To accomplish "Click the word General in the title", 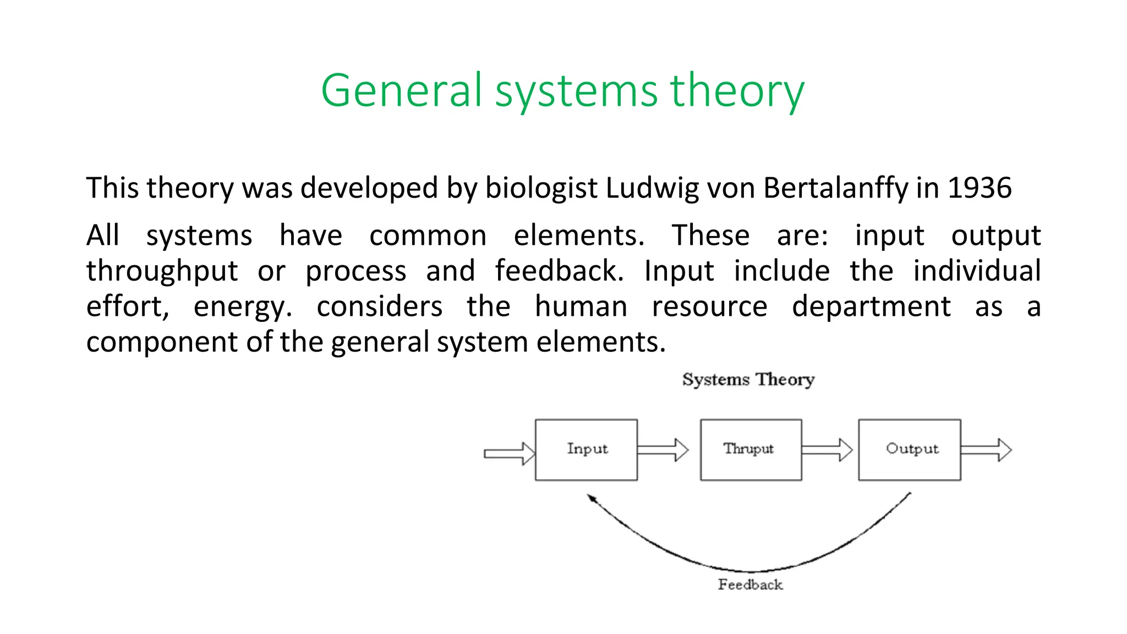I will tap(401, 91).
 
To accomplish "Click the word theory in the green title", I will tap(737, 91).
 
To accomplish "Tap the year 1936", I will tap(979, 188).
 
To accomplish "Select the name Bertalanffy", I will tap(836, 188).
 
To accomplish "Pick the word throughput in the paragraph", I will tap(162, 271).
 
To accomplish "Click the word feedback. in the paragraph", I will tap(559, 271).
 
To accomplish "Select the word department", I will tap(871, 307).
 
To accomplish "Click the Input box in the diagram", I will tap(586, 450).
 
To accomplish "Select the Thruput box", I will tap(751, 450).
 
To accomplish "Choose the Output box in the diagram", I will tap(910, 450).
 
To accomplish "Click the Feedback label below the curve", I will tap(750, 584).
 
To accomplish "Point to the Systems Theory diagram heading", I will tap(748, 380).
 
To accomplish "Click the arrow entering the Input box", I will tap(509, 453).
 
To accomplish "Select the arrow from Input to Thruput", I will tap(663, 450).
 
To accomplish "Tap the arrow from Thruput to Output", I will tap(827, 450).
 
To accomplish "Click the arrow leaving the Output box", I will tap(986, 450).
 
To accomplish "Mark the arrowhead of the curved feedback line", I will tap(592, 498).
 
